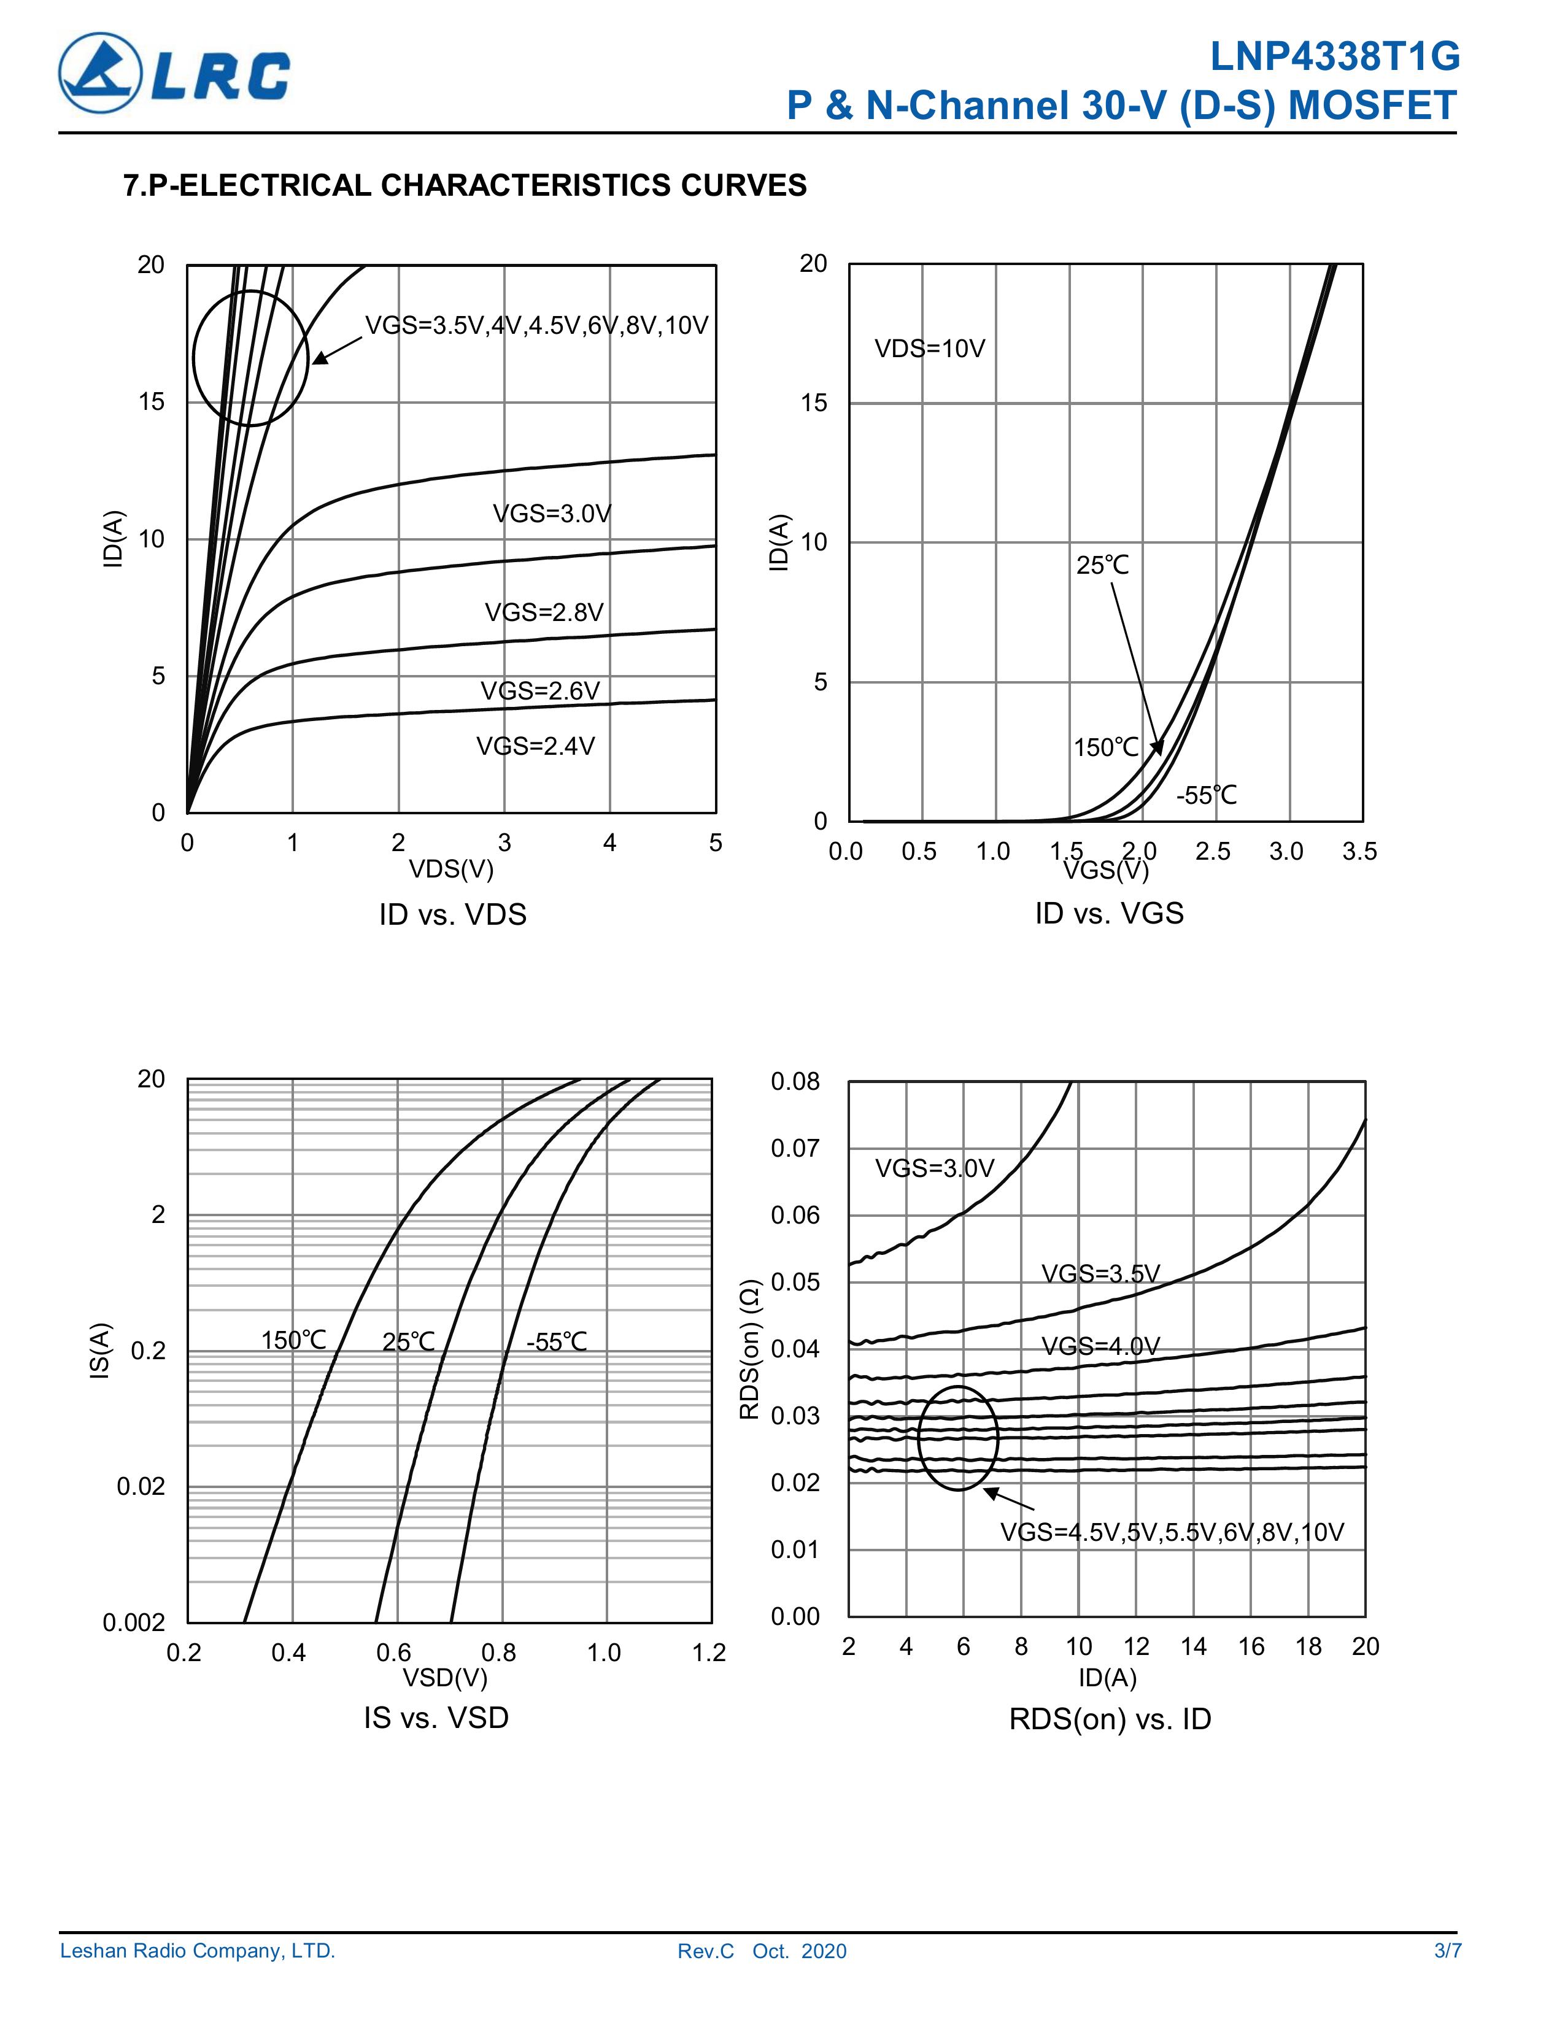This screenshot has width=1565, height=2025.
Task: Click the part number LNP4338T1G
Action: pyautogui.click(x=1334, y=58)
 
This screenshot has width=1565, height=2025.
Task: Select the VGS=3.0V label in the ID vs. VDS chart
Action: pyautogui.click(x=552, y=514)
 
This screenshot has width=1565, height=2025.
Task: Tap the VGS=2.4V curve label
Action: pyautogui.click(x=535, y=746)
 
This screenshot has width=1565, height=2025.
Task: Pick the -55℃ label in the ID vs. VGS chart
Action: pyautogui.click(x=1206, y=795)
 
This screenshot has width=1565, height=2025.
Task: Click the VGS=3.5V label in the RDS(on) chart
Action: pyautogui.click(x=1100, y=1273)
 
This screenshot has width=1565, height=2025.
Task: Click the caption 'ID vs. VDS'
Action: pyautogui.click(x=452, y=914)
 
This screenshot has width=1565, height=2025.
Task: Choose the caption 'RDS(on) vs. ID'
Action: pyautogui.click(x=1110, y=1719)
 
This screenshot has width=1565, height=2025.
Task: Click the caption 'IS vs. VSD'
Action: pyautogui.click(x=436, y=1717)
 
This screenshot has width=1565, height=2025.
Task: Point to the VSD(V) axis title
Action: pyautogui.click(x=444, y=1677)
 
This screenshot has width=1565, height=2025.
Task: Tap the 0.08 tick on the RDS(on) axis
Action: pyautogui.click(x=795, y=1081)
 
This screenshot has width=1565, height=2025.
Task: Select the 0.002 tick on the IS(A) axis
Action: pyautogui.click(x=134, y=1622)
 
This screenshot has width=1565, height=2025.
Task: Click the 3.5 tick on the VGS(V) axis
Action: pyautogui.click(x=1359, y=851)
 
